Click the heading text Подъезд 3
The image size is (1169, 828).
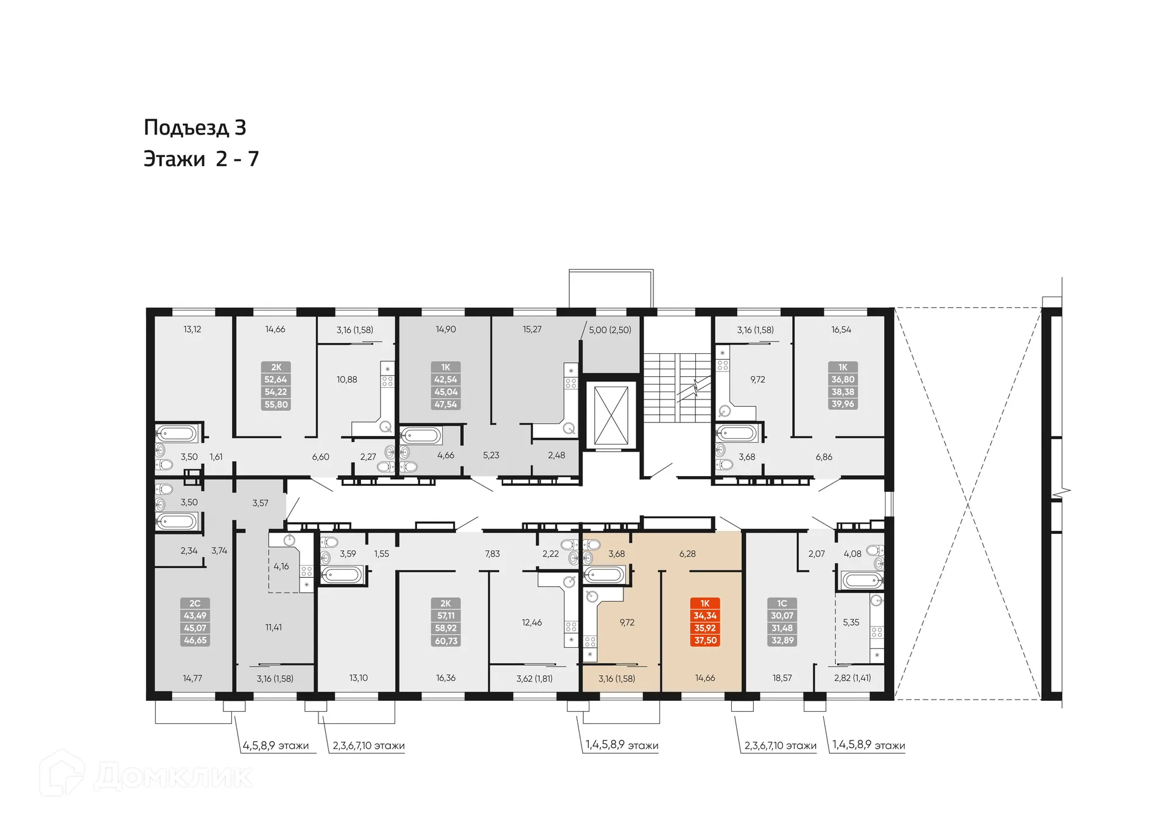point(195,127)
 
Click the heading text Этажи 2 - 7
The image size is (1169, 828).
point(201,159)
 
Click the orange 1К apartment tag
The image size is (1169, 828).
point(705,603)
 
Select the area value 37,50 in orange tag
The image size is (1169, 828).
point(705,640)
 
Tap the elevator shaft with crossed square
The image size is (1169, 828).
point(611,416)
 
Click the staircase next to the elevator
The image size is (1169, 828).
point(677,387)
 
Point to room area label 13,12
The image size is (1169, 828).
point(192,329)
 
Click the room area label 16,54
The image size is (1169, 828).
point(841,329)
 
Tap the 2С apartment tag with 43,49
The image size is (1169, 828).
point(195,622)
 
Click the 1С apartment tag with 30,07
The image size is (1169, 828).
point(782,622)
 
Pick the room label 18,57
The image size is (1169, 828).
point(782,678)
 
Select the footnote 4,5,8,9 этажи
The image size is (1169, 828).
point(276,746)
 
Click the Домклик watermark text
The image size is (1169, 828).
point(173,777)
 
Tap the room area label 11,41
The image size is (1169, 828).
point(273,627)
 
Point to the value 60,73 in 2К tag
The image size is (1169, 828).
point(446,641)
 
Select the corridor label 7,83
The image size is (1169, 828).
point(492,553)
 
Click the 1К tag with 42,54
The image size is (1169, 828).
point(446,385)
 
